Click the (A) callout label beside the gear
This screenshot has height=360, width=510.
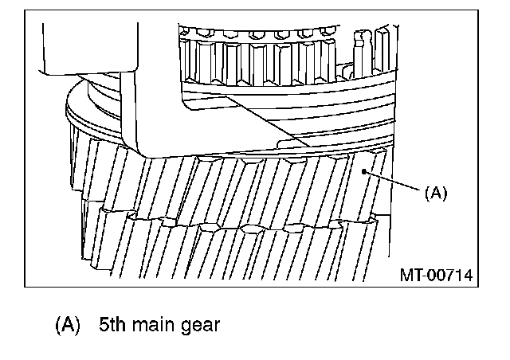pos(437,192)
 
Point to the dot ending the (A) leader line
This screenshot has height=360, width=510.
pos(363,170)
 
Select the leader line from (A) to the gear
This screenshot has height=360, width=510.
pos(393,182)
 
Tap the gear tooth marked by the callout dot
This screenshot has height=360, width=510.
pos(363,187)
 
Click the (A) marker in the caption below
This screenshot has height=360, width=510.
pos(68,325)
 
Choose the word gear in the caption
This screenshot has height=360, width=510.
pos(199,325)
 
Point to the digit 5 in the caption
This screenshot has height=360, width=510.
pos(104,325)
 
